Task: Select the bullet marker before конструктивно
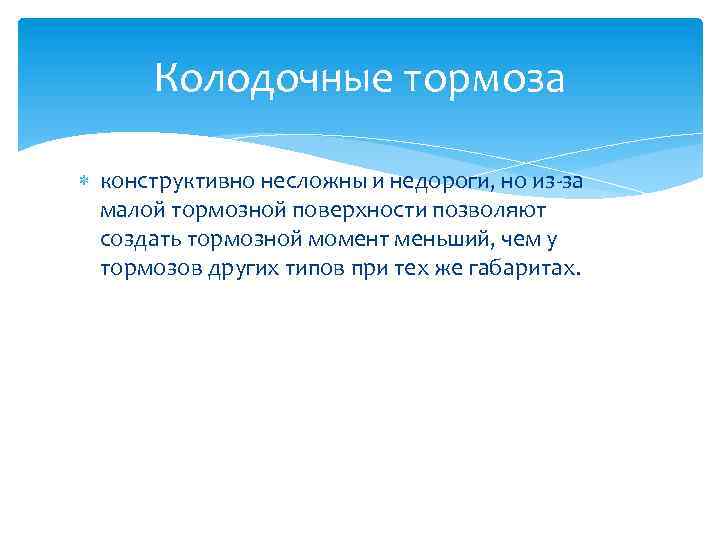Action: pyautogui.click(x=84, y=182)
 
